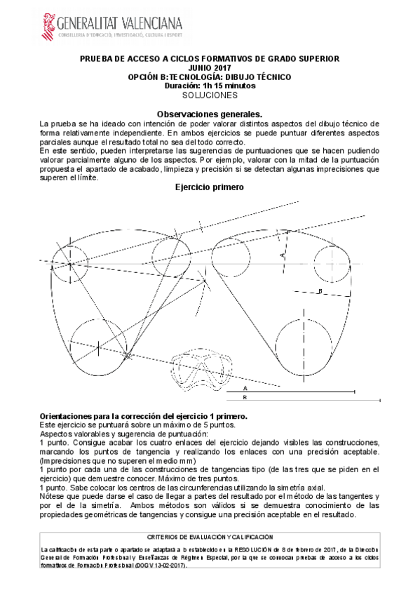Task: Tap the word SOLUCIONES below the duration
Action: coord(210,94)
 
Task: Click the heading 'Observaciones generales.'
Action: coord(209,114)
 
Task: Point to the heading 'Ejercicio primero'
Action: coord(210,188)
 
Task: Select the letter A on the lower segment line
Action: coord(245,387)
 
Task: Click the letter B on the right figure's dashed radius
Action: coord(320,290)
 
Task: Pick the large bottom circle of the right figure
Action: coord(305,345)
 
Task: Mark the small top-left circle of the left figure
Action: coord(72,265)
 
